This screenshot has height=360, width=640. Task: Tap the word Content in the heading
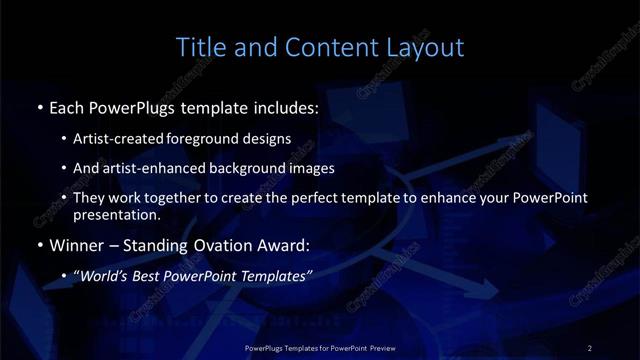pyautogui.click(x=315, y=47)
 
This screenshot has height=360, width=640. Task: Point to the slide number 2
pyautogui.click(x=590, y=347)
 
